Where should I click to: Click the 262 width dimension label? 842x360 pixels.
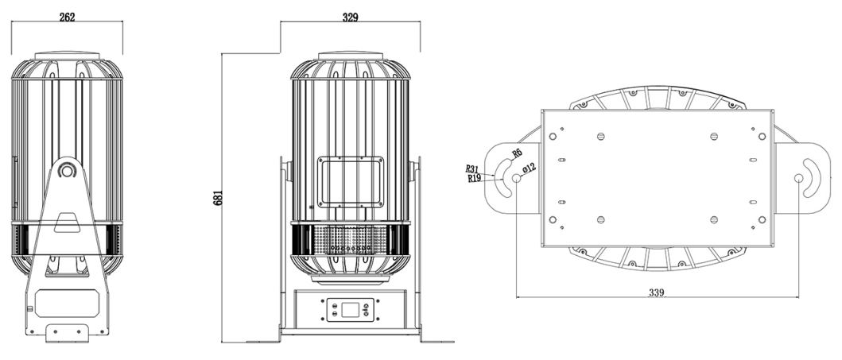[x=67, y=17]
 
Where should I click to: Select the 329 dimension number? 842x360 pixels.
[x=350, y=17]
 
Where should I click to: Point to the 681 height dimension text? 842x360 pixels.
[x=218, y=197]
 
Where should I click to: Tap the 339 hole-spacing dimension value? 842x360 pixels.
[x=656, y=292]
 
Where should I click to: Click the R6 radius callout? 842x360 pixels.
[x=517, y=153]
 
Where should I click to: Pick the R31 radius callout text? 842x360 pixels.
[x=472, y=169]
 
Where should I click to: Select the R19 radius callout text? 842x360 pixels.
[x=474, y=178]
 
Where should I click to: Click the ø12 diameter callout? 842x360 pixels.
[x=530, y=168]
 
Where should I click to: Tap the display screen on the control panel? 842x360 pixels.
[x=350, y=310]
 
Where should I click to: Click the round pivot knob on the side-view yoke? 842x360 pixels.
[x=67, y=171]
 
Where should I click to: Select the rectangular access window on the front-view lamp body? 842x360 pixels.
[x=351, y=182]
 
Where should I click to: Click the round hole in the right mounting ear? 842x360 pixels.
[x=798, y=178]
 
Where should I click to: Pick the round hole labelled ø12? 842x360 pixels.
[x=517, y=178]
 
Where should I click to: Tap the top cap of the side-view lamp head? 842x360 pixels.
[x=67, y=56]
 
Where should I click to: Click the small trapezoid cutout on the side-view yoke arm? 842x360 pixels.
[x=67, y=223]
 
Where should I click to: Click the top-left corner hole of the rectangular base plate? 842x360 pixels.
[x=553, y=136]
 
